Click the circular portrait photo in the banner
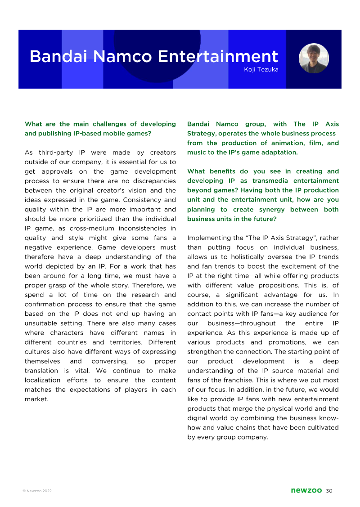tap(314, 58)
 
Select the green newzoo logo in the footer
tap(306, 490)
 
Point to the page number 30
tap(329, 490)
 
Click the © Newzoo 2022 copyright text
tap(37, 491)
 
